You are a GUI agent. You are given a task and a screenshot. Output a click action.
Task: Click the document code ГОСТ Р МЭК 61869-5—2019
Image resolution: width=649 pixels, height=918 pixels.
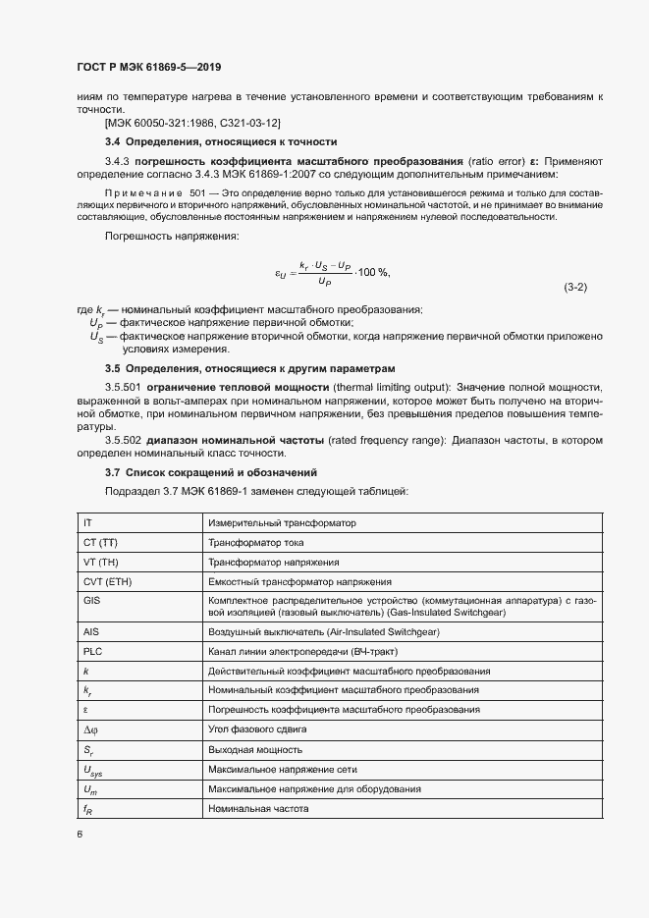coord(148,68)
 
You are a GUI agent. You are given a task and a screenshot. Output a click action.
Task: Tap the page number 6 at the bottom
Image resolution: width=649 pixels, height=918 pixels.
coord(80,835)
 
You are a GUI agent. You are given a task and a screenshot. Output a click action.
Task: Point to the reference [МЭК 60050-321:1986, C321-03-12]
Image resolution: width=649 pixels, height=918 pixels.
coord(192,123)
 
